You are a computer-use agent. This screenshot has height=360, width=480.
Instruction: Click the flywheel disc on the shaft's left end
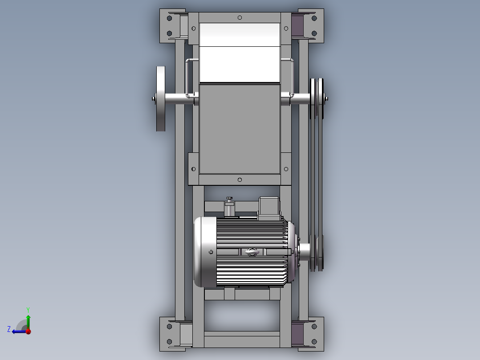tap(161, 99)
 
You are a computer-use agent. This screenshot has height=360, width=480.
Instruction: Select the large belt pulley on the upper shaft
tap(317, 99)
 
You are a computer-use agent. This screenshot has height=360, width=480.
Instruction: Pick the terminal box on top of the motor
tap(268, 208)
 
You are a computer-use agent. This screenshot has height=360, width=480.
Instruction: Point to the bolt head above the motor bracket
tap(230, 198)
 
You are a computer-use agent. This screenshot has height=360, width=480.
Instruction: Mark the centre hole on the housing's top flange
tap(240, 18)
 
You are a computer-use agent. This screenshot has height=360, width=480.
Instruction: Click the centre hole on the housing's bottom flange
tap(240, 180)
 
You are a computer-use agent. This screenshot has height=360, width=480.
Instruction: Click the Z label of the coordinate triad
tap(9, 329)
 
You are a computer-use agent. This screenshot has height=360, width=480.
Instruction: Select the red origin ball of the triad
tap(28, 331)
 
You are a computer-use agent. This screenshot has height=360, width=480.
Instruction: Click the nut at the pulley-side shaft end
tap(327, 99)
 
